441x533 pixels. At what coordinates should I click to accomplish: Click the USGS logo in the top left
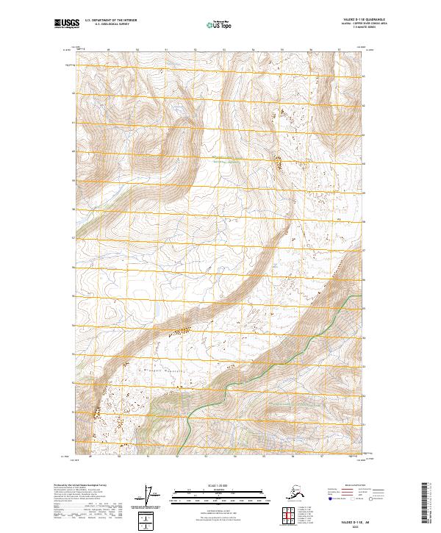[65, 25]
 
